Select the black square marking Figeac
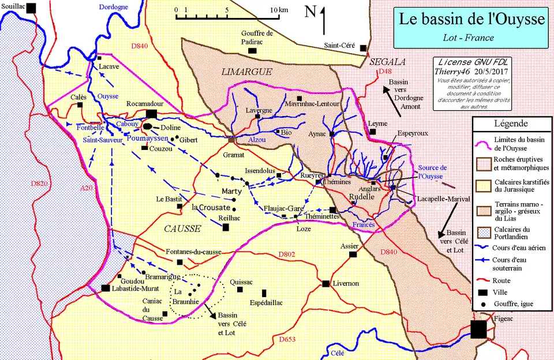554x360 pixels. coord(478,330)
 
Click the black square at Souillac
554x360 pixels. coord(32,6)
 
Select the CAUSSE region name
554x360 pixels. coord(182,228)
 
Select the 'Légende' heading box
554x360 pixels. coord(511,124)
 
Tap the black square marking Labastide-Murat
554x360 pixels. coord(106,288)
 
